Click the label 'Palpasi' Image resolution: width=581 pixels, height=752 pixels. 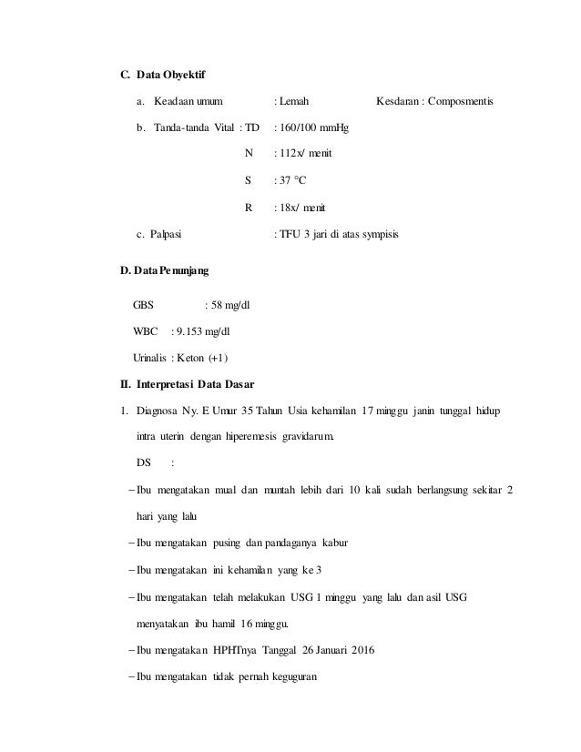[x=165, y=234]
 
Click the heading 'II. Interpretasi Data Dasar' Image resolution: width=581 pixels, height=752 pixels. [x=182, y=382]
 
